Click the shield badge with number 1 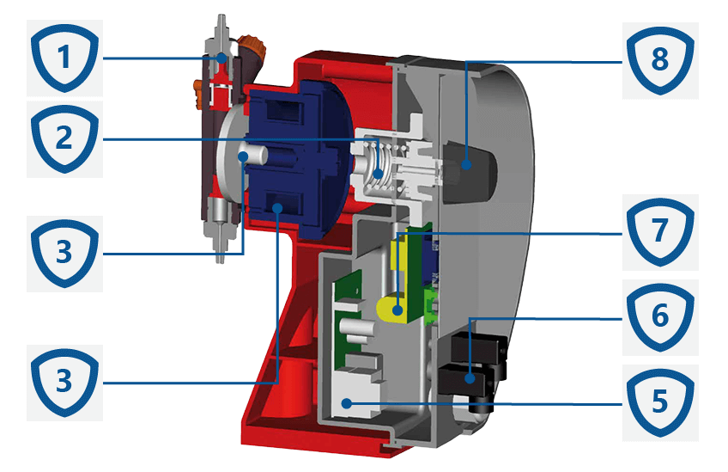(64, 58)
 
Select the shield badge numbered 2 (64, 138)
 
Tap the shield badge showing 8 (660, 60)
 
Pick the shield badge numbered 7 (660, 232)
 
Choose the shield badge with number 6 (660, 317)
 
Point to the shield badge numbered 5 (660, 402)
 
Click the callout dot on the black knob (467, 164)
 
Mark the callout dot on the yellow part (397, 310)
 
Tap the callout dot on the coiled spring (379, 175)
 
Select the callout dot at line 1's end (222, 58)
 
